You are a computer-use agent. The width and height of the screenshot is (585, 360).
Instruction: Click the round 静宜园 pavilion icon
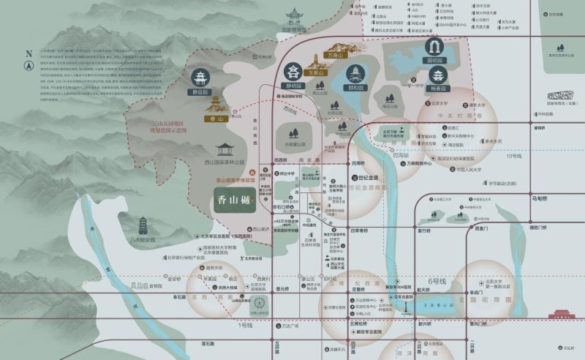pyautogui.click(x=200, y=78)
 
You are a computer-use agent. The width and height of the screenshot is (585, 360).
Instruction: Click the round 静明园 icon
pyautogui.click(x=294, y=72)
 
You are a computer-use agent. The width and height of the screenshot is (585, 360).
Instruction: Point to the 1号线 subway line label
pyautogui.click(x=244, y=325)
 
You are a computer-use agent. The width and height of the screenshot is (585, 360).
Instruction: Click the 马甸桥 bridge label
pyautogui.click(x=540, y=198)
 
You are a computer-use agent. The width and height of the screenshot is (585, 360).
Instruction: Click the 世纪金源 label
pyautogui.click(x=368, y=178)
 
